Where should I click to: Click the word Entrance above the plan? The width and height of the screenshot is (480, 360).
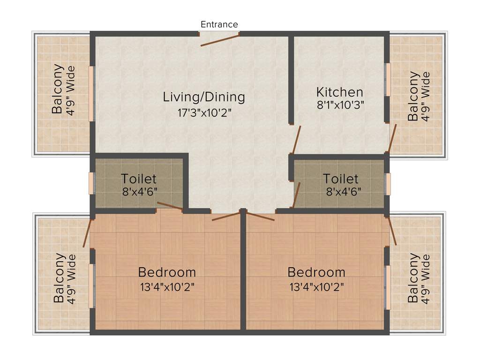point(219,24)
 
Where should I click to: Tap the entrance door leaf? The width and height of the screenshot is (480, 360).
point(220,40)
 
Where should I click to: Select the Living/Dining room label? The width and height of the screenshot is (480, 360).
point(204,97)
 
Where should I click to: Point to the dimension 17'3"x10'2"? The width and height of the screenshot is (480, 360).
point(204,112)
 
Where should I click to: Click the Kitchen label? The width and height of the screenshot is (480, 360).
point(339,92)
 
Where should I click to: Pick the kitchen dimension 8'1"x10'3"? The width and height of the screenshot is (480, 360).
point(340,105)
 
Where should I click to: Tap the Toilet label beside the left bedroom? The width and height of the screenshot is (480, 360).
point(139,179)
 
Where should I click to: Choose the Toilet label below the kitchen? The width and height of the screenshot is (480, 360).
point(341,179)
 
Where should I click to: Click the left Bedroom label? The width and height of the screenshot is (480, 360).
point(167,272)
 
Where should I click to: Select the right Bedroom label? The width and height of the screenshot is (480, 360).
point(316,272)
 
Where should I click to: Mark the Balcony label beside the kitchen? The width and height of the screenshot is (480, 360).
point(413,96)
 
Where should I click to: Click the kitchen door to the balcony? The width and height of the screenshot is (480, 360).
point(392,138)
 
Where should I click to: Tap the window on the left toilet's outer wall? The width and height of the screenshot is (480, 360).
point(92,183)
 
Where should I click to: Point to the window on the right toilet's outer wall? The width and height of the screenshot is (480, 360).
point(388,184)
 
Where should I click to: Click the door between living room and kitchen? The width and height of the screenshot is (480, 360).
point(296,140)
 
